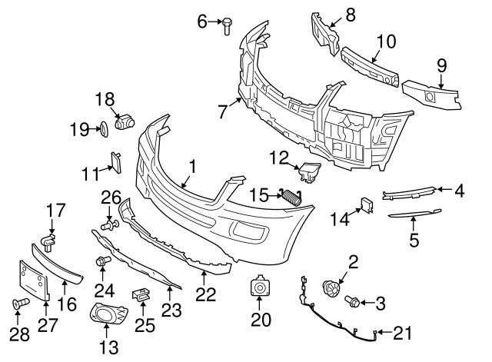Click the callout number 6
[x=203, y=21]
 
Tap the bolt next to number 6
[x=228, y=25]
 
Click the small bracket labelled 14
[x=366, y=205]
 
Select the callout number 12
[x=278, y=158]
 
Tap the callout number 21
[x=402, y=333]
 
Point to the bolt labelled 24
[x=101, y=263]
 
